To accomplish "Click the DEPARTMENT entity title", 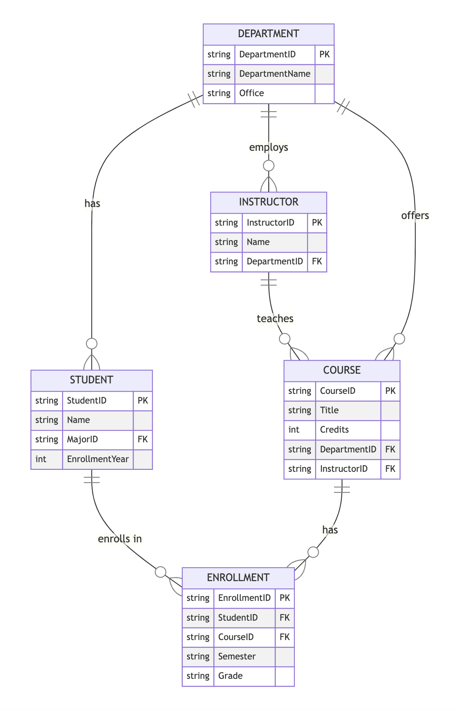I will [268, 34].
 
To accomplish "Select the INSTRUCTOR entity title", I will [268, 202].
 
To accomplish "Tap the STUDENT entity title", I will [92, 380].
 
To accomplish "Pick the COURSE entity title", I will [342, 370].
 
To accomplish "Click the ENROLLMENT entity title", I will [238, 577].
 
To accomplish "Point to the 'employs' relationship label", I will [268, 147].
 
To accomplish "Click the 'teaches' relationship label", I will [275, 319].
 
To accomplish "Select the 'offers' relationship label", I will [415, 216].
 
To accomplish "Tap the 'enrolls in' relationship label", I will [120, 539].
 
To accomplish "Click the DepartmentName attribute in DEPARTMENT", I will [275, 74].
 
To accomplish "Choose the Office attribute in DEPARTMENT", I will [252, 93].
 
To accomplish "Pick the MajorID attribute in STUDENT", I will [83, 440].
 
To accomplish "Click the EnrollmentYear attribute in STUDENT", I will [98, 459].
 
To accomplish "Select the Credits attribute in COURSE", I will [334, 430].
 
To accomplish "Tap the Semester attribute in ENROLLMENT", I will [237, 656].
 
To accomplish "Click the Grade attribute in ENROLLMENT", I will [230, 676].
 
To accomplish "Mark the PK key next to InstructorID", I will [317, 223].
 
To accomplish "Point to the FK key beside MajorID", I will [143, 440].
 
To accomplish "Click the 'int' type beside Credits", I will [294, 430].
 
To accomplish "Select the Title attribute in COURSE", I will [329, 410].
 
